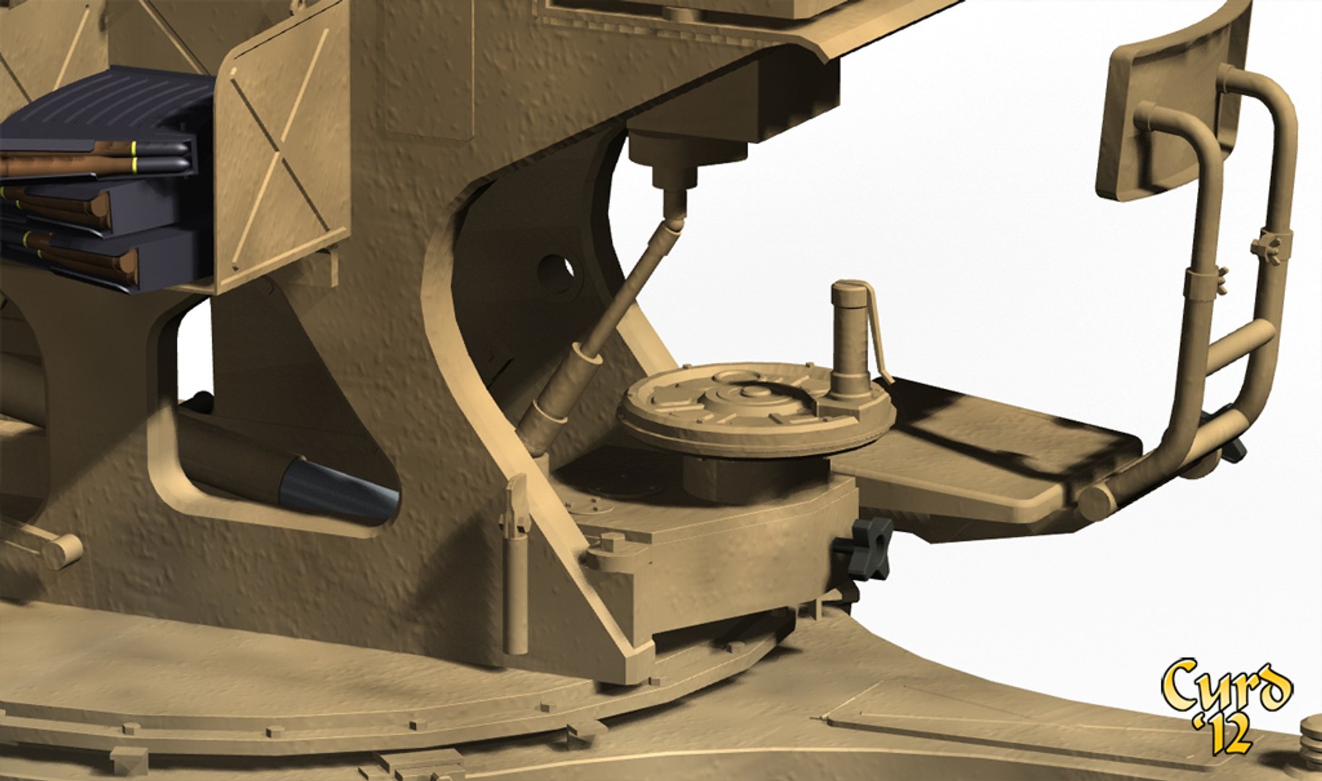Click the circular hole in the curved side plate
point(555,275)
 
